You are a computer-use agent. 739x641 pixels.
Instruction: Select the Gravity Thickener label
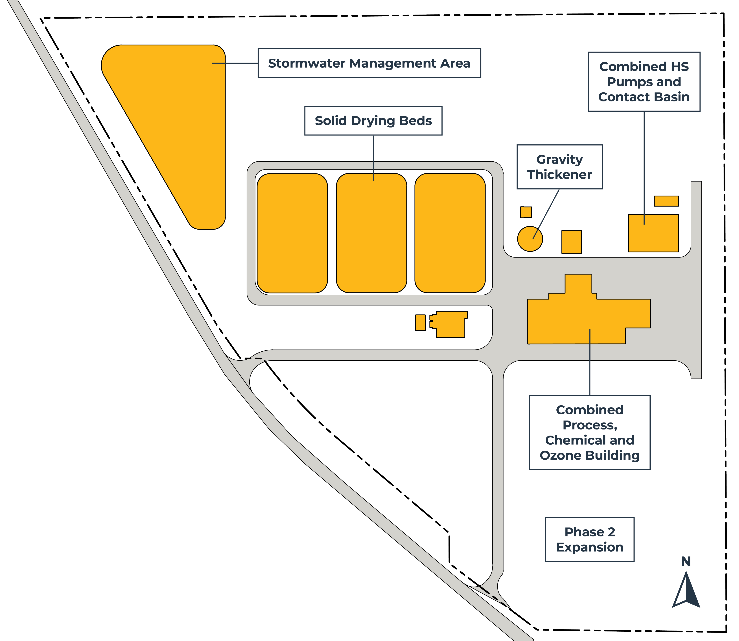point(559,167)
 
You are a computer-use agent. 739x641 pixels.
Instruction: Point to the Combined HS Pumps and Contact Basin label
point(644,81)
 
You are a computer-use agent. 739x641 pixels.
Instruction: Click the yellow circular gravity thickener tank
point(530,239)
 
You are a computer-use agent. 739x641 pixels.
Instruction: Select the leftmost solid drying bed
point(292,233)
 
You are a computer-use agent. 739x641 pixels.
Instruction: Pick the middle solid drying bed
point(371,233)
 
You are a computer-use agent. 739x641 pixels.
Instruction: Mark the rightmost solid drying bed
point(450,233)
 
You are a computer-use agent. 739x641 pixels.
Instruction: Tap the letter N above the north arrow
point(686,562)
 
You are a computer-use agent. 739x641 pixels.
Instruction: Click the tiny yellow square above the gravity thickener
point(526,212)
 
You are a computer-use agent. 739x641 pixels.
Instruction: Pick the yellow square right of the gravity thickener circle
point(572,242)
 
